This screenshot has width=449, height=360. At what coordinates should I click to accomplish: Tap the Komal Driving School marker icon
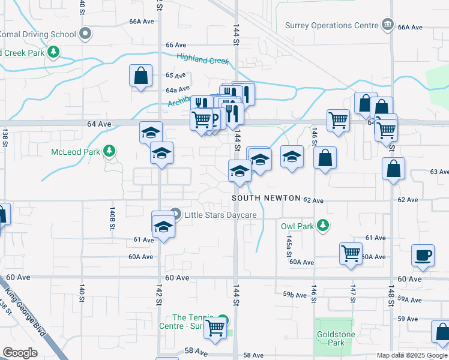pos(85,34)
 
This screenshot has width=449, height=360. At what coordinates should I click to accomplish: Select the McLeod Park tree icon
pos(109,151)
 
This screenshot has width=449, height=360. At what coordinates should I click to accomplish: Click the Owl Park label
pos(297,226)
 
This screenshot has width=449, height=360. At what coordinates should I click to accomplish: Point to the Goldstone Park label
pos(332,338)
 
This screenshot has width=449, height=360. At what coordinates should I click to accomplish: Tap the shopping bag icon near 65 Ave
pos(140,77)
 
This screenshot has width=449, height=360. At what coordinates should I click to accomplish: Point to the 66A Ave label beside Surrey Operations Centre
pos(411,28)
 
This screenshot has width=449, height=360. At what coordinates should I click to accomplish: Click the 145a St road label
pos(289,242)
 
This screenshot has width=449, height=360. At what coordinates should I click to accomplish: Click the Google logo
pos(20,353)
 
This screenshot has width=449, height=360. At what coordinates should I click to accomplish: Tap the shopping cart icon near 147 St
pos(351,252)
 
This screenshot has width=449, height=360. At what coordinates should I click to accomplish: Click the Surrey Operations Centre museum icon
pos(388,25)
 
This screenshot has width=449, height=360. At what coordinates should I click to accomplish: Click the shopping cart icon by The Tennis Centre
pos(215,328)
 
